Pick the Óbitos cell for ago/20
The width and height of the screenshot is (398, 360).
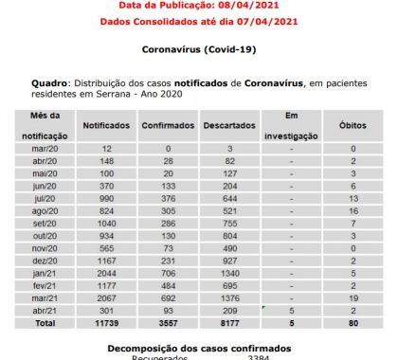click(x=353, y=210)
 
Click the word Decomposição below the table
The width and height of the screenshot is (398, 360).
click(x=157, y=348)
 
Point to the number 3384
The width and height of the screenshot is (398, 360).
click(x=259, y=357)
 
